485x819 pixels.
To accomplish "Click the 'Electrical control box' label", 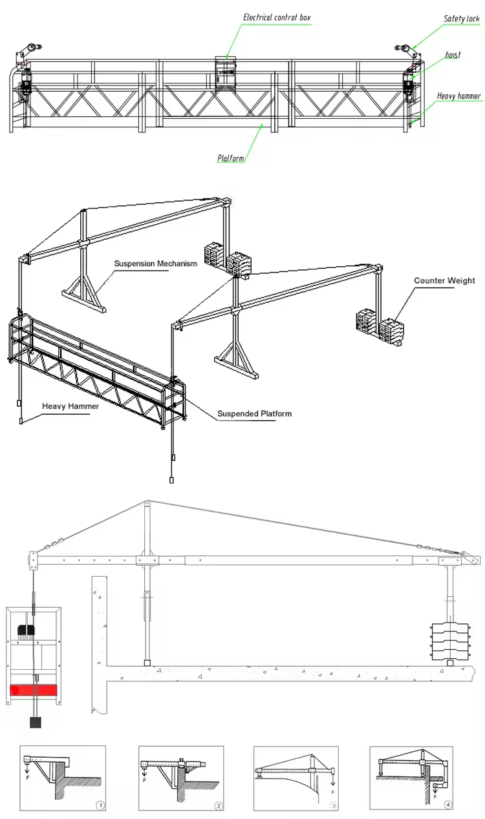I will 277,17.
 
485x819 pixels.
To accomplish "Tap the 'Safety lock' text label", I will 462,19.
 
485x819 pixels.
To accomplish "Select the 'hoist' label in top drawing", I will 453,55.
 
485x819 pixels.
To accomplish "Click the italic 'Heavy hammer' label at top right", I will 458,96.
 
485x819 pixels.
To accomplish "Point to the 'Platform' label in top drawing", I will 232,157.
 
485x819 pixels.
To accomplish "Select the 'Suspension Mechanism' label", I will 155,264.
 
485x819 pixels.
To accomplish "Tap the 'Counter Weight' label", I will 444,280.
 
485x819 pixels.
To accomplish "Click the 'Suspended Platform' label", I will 254,413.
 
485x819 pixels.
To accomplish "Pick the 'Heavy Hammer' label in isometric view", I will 70,407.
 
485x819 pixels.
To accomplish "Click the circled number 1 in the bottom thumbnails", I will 100,805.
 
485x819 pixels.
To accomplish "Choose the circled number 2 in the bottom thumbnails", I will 218,805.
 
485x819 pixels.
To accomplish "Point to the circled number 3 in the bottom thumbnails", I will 334,805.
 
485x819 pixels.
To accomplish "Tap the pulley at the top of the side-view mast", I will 147,504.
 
